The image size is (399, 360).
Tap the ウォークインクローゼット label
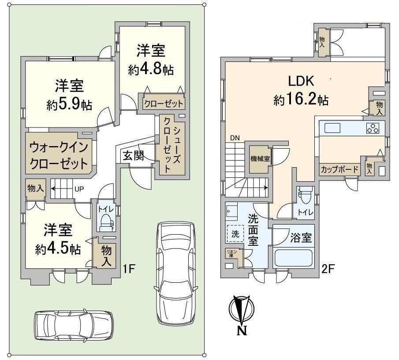59,155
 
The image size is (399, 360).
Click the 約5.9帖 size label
69,105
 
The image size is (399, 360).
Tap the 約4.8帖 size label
150,69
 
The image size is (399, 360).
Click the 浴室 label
301,238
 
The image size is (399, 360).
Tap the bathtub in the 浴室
294,258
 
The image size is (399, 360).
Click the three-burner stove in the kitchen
373,128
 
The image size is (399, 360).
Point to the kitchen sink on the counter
332,128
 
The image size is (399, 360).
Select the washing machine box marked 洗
236,234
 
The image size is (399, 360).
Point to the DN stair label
234,138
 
